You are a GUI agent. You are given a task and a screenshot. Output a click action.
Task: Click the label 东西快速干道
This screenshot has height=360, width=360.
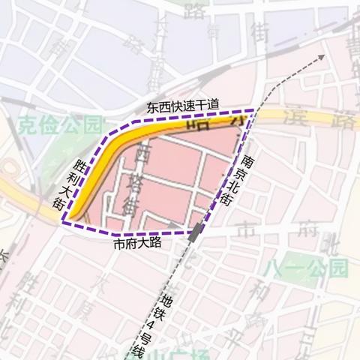[x=183, y=107]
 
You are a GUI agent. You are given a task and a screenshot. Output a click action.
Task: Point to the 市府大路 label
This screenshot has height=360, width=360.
[x=139, y=244]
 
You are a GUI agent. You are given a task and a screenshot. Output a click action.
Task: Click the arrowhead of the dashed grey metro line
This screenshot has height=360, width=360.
[x=323, y=56]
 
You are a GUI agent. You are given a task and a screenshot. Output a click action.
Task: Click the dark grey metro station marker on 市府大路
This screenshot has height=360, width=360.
[x=196, y=232]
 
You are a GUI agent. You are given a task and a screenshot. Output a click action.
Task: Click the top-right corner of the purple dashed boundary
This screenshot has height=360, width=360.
[x=253, y=111]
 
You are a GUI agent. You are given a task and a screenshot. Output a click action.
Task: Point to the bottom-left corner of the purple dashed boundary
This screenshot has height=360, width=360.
[x=64, y=223]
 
